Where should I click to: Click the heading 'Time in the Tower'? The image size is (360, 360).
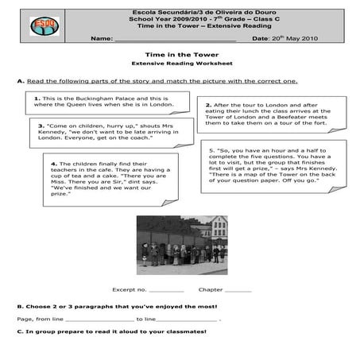(x=179, y=54)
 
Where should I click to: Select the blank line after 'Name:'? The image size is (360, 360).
(x=175, y=37)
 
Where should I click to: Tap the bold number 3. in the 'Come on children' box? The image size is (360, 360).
(x=41, y=126)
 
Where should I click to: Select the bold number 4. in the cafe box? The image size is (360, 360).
(x=52, y=165)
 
